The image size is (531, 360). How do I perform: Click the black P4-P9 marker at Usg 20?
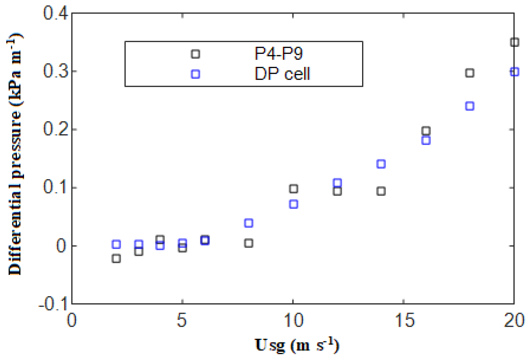coord(514,42)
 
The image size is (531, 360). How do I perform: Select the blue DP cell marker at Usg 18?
coord(469,106)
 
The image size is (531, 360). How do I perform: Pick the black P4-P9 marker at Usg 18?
coord(469,73)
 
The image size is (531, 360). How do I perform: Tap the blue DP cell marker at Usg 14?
coord(381,164)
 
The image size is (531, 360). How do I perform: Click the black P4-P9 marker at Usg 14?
coord(381,191)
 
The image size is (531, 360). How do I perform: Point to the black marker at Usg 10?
coord(293,189)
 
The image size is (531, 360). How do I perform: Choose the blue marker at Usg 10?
coord(293,204)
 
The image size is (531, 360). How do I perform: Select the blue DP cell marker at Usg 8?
coord(248,223)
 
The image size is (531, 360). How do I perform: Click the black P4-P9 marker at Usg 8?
coord(248,243)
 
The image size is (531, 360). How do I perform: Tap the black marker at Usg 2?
coord(116,258)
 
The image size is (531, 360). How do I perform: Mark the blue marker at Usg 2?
coord(116,245)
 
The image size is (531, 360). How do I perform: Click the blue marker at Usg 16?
coord(426,141)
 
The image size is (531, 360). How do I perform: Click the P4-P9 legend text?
coord(278,54)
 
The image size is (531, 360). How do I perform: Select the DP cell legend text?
coord(282,74)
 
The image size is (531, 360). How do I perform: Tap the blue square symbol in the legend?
coord(195,74)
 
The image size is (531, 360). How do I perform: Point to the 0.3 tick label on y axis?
coord(55,71)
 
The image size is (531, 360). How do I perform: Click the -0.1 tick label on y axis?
coord(53,304)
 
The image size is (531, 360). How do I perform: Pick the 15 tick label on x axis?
coord(404,320)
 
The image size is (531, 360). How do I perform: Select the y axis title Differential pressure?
coord(15,154)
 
